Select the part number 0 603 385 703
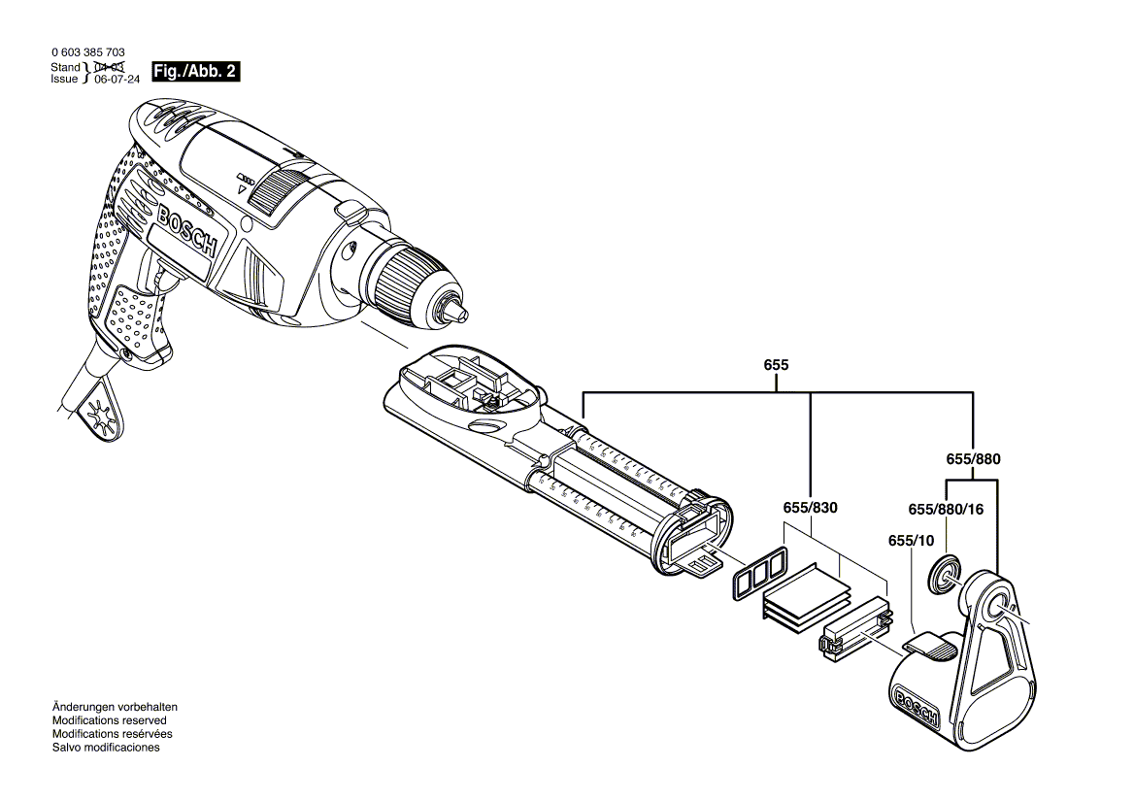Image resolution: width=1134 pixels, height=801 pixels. [86, 52]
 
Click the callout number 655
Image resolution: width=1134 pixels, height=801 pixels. [777, 365]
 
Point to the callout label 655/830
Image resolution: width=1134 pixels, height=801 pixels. [810, 508]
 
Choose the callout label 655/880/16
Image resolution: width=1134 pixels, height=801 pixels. [946, 508]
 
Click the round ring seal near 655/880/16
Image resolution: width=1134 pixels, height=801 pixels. [944, 574]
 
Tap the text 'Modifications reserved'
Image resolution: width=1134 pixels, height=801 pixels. [109, 720]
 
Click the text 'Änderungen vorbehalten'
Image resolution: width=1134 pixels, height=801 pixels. [114, 707]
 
